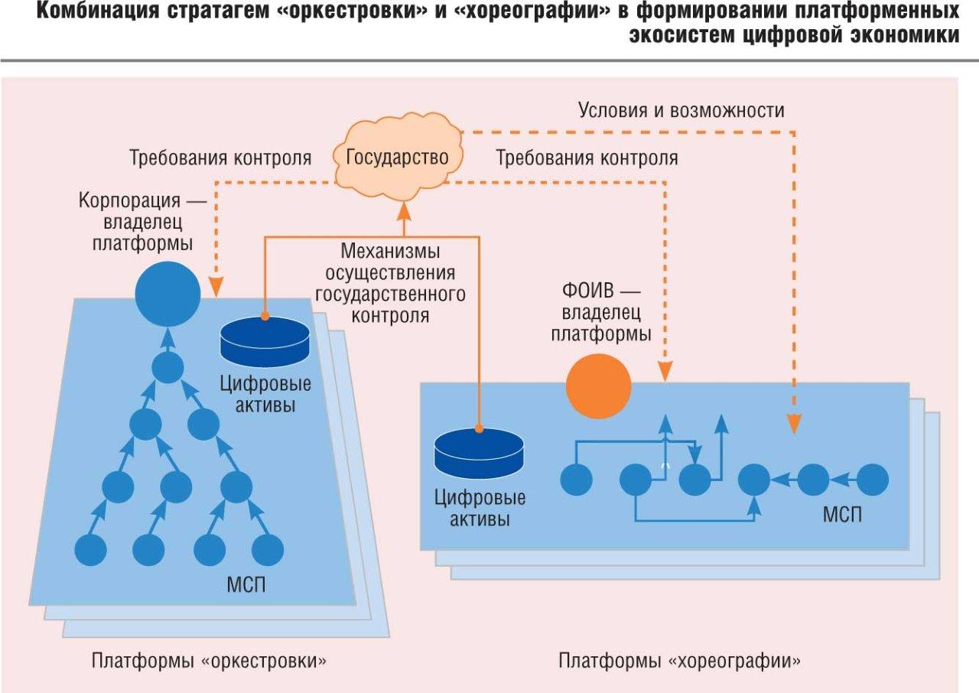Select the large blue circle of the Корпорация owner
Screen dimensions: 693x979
coord(168,294)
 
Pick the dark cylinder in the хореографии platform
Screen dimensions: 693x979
coord(479,452)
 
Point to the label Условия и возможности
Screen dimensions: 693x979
coord(681,110)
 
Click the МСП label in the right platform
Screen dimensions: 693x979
coord(842,514)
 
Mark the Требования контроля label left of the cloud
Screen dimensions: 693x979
coord(220,158)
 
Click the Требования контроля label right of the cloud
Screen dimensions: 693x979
coord(587,158)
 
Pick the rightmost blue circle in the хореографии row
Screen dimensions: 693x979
coord(873,480)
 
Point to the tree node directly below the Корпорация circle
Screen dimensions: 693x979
coord(168,367)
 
